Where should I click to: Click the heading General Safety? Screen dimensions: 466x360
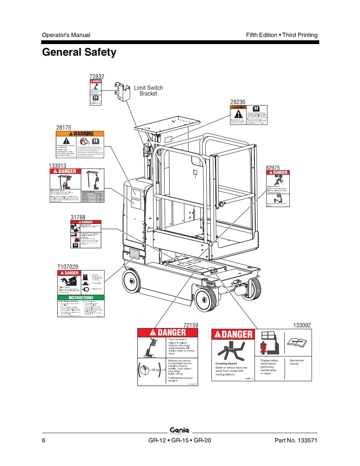click(x=79, y=52)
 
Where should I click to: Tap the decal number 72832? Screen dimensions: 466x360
click(x=97, y=76)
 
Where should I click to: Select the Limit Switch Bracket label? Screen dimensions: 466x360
click(x=148, y=91)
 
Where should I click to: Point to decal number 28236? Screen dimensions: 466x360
click(x=238, y=102)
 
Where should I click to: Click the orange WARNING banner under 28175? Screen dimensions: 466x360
click(x=81, y=134)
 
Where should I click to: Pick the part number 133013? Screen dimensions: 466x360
click(x=58, y=165)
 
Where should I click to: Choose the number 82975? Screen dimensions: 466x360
click(x=274, y=167)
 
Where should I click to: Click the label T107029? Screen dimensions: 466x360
click(x=67, y=267)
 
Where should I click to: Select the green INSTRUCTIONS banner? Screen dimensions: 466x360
click(x=81, y=298)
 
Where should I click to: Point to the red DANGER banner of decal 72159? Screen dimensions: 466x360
click(x=168, y=332)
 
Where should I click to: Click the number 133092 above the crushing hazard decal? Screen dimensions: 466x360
click(x=302, y=326)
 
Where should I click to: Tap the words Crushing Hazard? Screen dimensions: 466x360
click(x=226, y=363)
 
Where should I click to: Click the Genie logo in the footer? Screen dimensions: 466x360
click(x=180, y=430)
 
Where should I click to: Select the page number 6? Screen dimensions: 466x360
click(x=44, y=440)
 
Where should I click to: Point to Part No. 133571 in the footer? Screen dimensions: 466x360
click(x=296, y=440)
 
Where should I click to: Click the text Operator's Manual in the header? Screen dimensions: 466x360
click(x=66, y=35)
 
